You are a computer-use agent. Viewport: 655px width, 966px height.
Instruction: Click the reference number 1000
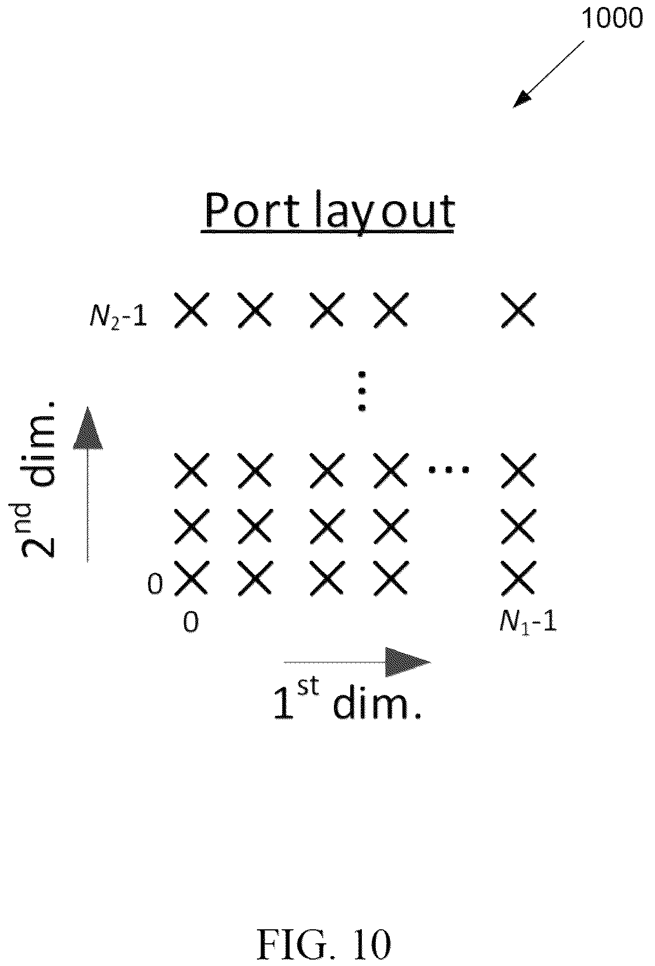pyautogui.click(x=612, y=19)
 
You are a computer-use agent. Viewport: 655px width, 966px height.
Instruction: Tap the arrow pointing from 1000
pyautogui.click(x=548, y=74)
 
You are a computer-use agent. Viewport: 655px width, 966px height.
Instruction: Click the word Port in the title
pyautogui.click(x=252, y=211)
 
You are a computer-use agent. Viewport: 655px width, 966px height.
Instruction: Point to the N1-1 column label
pyautogui.click(x=528, y=623)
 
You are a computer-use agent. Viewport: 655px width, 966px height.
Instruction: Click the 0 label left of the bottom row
pyautogui.click(x=155, y=584)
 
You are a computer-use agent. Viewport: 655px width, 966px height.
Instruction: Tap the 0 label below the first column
pyautogui.click(x=191, y=623)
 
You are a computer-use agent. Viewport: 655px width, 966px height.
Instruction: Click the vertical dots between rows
pyautogui.click(x=362, y=391)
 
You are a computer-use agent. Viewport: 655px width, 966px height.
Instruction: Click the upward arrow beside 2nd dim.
pyautogui.click(x=87, y=484)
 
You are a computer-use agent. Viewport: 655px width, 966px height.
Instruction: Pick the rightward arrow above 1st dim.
pyautogui.click(x=357, y=662)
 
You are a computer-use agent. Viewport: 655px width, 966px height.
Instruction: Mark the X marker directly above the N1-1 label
pyautogui.click(x=518, y=578)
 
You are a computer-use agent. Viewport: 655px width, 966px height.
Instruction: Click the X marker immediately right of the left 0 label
pyautogui.click(x=191, y=578)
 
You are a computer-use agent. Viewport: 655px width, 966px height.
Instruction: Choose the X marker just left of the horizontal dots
pyautogui.click(x=390, y=470)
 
